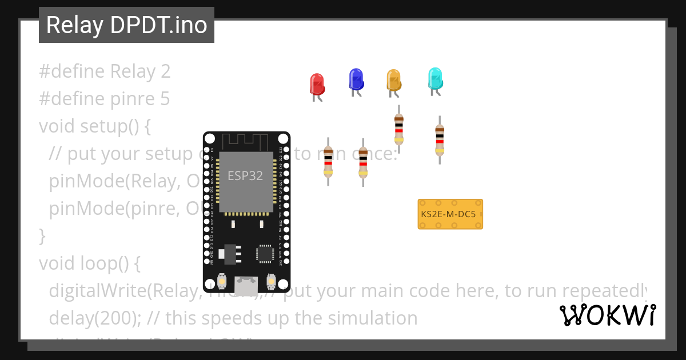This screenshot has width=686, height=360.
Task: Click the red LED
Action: point(317,84)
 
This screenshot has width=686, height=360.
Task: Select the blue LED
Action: point(356,79)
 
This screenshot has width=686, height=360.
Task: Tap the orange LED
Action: point(393,80)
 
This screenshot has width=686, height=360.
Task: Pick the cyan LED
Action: point(435,78)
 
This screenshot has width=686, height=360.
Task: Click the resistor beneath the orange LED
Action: point(399,129)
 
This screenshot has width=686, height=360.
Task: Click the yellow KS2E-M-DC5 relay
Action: point(450,214)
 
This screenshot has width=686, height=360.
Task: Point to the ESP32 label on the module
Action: point(245,175)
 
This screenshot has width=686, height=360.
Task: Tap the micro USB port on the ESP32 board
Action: point(246,285)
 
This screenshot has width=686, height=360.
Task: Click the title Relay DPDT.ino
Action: point(126,25)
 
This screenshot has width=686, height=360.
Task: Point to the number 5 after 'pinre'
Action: point(164,99)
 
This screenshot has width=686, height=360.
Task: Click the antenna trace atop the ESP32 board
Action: point(246,141)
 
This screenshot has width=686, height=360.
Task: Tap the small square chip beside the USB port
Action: point(265,254)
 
